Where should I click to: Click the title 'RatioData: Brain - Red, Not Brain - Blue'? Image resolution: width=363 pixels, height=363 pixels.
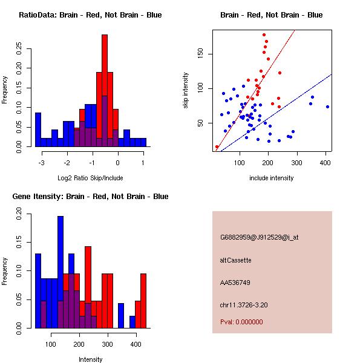(x=90, y=15)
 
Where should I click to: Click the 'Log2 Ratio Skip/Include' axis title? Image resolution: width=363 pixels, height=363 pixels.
(x=90, y=177)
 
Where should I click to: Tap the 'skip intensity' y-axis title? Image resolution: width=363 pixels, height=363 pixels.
(x=186, y=91)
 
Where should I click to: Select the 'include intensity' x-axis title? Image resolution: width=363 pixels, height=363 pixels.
(x=272, y=178)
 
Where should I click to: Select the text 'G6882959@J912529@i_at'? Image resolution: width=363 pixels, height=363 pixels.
(x=259, y=237)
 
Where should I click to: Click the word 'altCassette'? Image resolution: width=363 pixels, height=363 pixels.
(x=235, y=260)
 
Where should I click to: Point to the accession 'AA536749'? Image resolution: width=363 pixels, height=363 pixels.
(x=235, y=283)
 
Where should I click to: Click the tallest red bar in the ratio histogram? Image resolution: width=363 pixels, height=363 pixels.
(x=105, y=60)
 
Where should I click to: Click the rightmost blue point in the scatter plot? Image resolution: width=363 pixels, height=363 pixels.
(x=327, y=106)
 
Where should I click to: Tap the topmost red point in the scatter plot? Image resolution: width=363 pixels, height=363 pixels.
(x=264, y=35)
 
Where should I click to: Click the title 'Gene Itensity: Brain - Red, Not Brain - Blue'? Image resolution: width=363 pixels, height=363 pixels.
(x=90, y=197)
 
